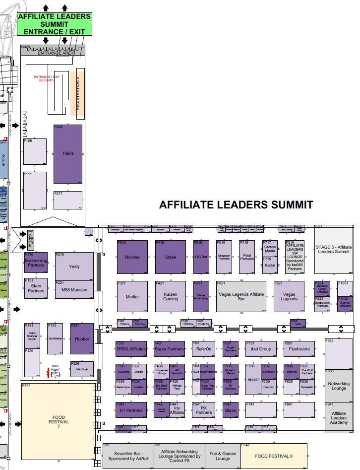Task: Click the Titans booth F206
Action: tap(68, 154)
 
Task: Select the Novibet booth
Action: tap(132, 257)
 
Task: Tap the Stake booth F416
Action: tap(170, 257)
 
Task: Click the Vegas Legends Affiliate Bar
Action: tap(241, 297)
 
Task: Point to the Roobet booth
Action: tap(81, 338)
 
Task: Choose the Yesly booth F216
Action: tap(74, 267)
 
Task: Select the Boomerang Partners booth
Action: tap(36, 263)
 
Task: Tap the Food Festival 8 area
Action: tap(274, 456)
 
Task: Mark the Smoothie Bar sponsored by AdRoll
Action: tap(128, 456)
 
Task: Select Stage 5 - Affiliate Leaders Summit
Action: tap(333, 249)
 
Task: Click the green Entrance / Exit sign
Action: tap(55, 24)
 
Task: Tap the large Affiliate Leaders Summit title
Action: tap(236, 204)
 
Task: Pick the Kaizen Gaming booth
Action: tap(170, 296)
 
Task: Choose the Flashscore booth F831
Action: tap(299, 349)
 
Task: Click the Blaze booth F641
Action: tap(231, 410)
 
